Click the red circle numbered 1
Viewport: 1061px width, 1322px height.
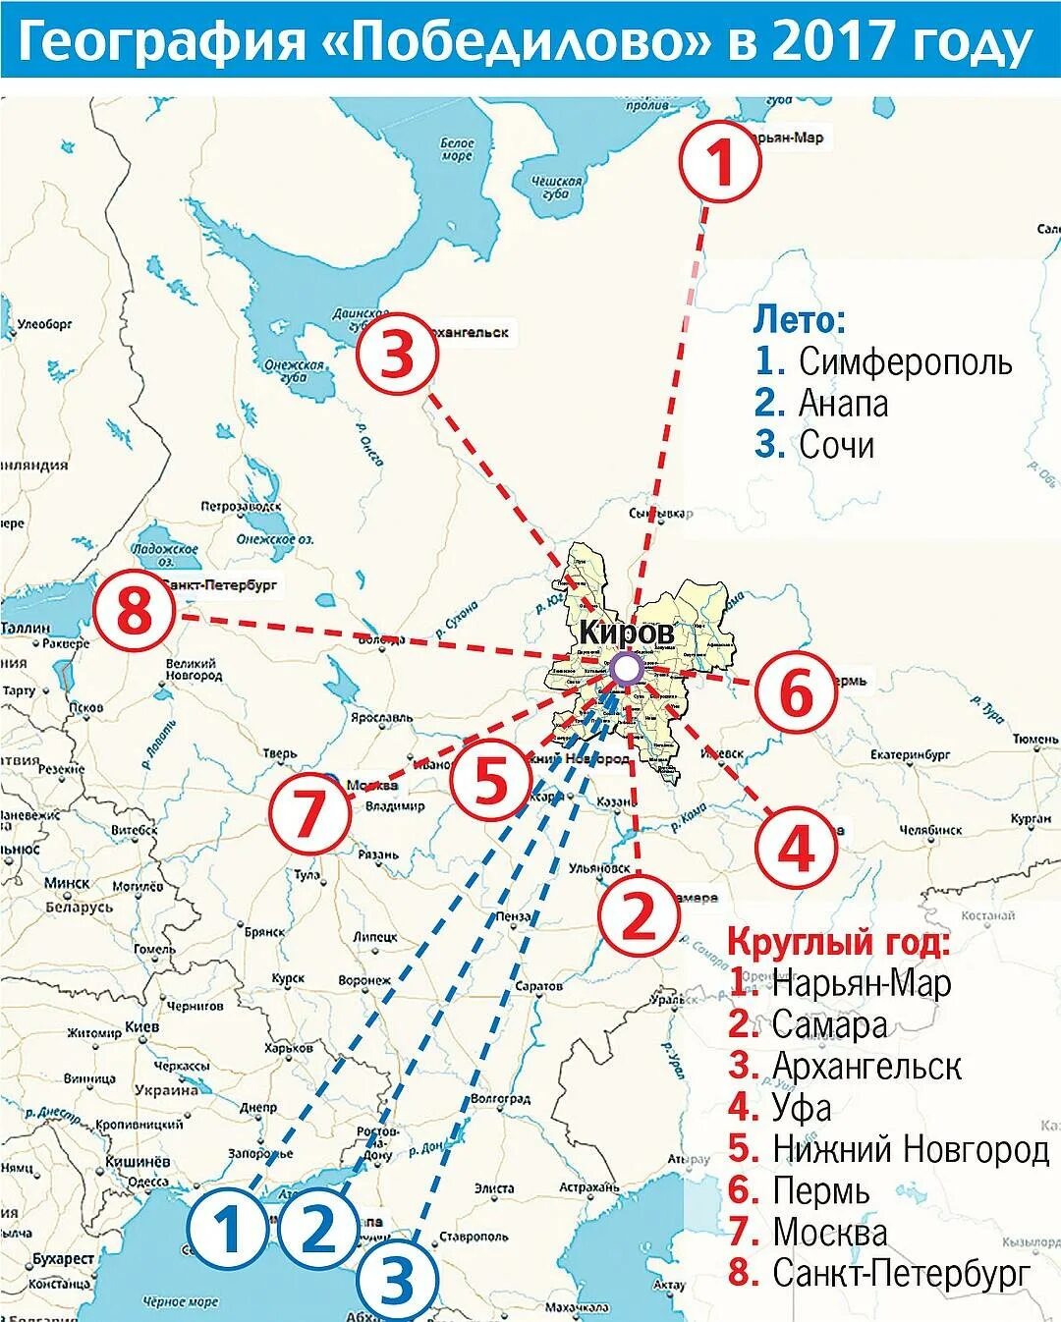pos(722,163)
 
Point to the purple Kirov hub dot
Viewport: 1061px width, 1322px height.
pos(626,670)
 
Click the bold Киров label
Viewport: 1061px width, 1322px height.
pos(626,633)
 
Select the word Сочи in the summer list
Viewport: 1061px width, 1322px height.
pos(836,445)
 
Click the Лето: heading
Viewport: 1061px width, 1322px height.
pos(799,319)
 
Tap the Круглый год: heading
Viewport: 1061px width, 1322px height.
pos(838,941)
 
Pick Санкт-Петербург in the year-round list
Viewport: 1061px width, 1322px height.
pos(901,1274)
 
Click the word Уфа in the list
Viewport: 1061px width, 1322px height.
pos(802,1107)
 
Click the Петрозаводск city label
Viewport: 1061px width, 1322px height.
pos(235,507)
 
